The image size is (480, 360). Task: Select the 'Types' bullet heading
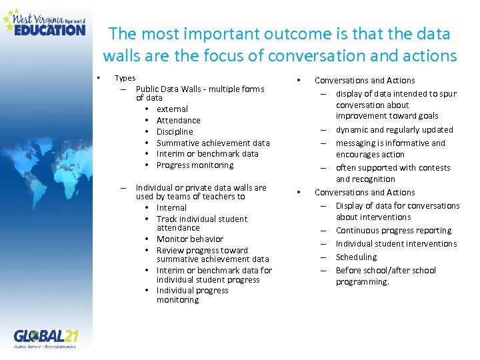pos(125,78)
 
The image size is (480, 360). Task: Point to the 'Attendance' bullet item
pos(178,120)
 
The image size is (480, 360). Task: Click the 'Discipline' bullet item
pos(175,131)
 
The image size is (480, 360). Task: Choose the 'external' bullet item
pos(172,109)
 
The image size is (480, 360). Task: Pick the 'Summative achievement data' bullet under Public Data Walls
pos(213,143)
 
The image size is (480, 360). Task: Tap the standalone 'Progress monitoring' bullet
pos(195,165)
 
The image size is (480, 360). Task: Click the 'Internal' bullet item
pos(171,207)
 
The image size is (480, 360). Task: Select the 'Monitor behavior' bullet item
pos(190,239)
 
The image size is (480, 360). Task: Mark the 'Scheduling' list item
pos(356,257)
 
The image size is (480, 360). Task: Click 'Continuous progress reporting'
pos(393,230)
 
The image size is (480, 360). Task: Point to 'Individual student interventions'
pos(396,243)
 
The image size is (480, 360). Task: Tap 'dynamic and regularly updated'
pos(394,129)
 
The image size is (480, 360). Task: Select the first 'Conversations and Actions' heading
pos(365,80)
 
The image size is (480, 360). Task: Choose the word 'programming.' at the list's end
pos(362,281)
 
